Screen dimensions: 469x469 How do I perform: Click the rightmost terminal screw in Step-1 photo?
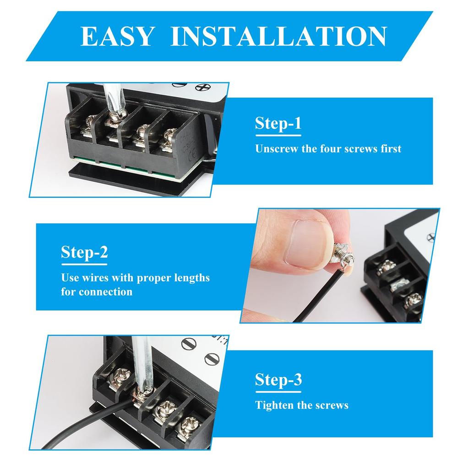click(169, 136)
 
